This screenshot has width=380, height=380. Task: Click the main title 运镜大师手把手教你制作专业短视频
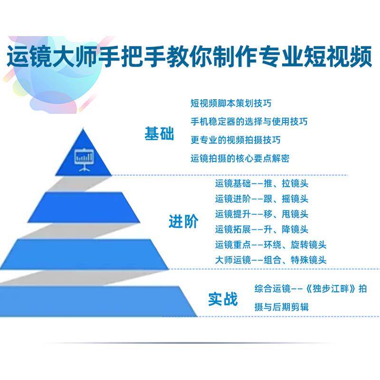[190, 58]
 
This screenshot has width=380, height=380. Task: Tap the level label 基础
[159, 134]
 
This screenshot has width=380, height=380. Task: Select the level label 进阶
[183, 221]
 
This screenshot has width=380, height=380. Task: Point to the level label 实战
[222, 299]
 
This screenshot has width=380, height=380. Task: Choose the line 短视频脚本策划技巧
[231, 103]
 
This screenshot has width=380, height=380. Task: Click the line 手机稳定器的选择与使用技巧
[248, 121]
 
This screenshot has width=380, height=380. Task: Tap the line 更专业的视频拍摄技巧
[235, 140]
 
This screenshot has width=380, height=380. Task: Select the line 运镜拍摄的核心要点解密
[239, 158]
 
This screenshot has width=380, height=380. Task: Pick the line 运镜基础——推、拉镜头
[262, 183]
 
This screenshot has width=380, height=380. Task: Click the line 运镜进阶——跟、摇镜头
[262, 198]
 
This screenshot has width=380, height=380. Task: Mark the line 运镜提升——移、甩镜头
[262, 214]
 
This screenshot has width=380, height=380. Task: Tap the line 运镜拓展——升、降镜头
[262, 229]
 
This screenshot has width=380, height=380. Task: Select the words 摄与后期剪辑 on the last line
[282, 307]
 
